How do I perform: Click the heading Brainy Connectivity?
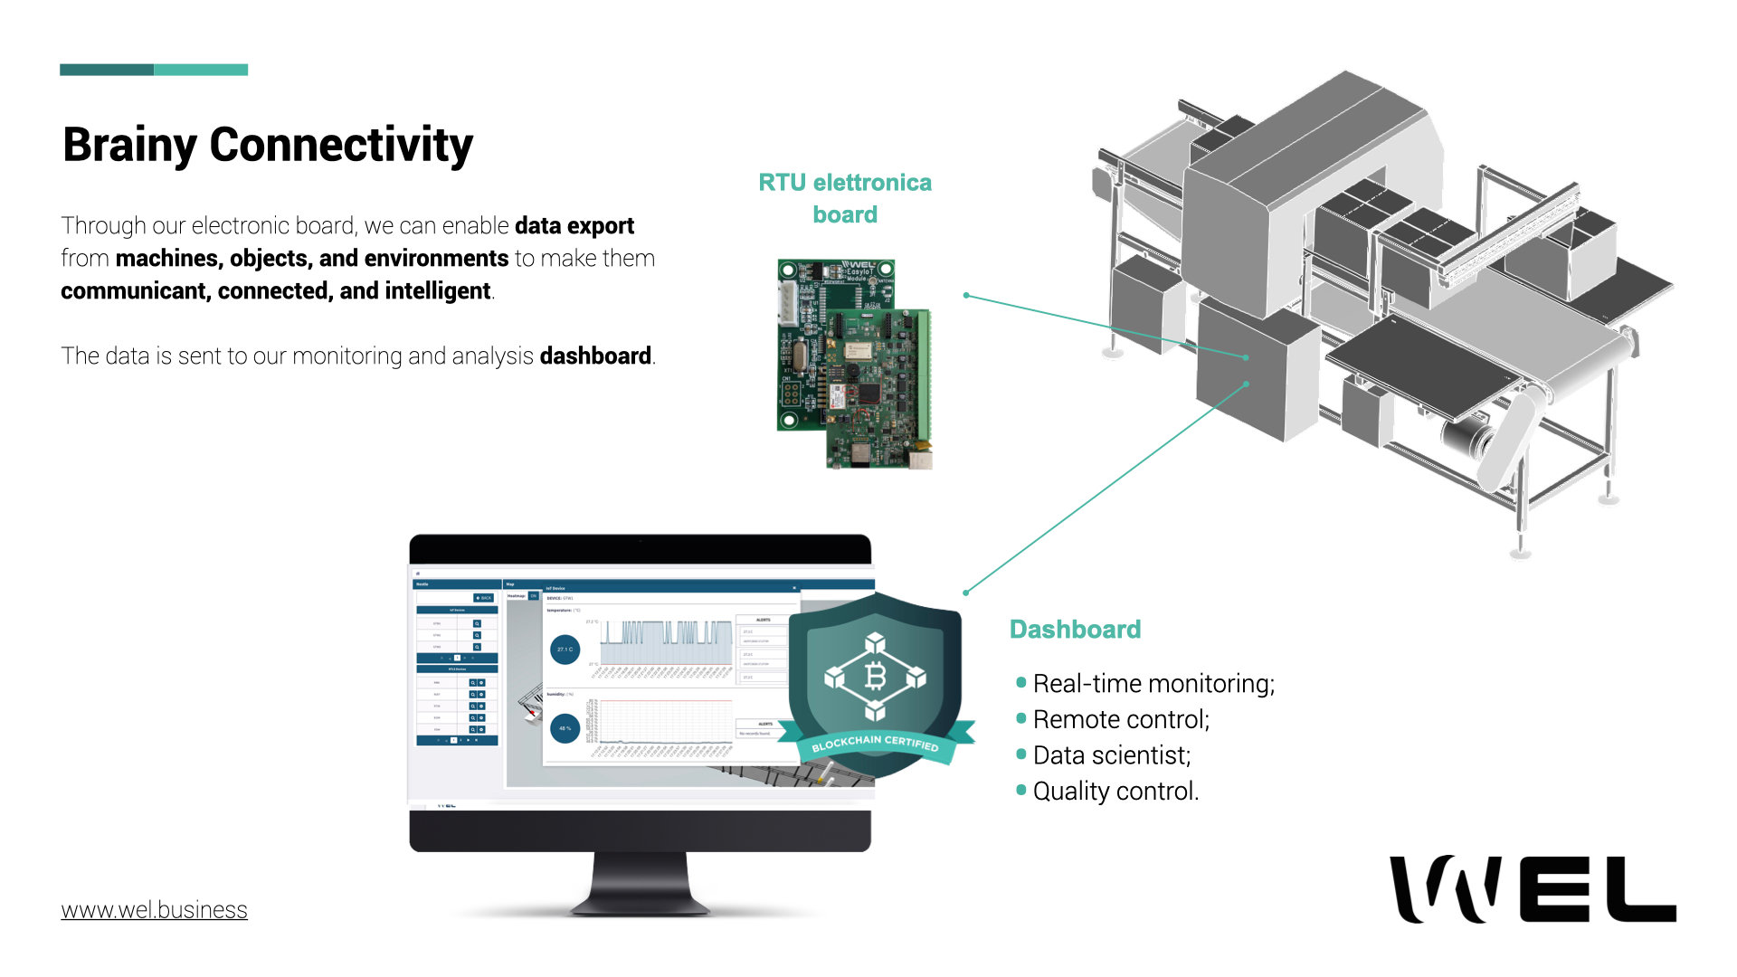coord(268,145)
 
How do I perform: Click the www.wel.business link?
coord(154,910)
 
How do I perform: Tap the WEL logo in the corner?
coord(1533,889)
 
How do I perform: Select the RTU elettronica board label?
coord(845,198)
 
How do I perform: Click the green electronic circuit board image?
coord(854,364)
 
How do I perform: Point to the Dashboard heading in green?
coord(1075,630)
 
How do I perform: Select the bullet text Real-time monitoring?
coord(1153,684)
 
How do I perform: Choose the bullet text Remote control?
coord(1121,720)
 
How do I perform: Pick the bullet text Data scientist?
coord(1112,755)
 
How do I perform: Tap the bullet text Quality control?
coord(1115,792)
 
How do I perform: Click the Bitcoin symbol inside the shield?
coord(875,676)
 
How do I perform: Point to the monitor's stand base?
coord(640,901)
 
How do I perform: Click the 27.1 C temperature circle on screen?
coord(565,650)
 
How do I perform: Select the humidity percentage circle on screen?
coord(565,728)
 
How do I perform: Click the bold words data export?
coord(574,226)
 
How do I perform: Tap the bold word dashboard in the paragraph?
coord(595,356)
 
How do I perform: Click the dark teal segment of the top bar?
coord(107,70)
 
